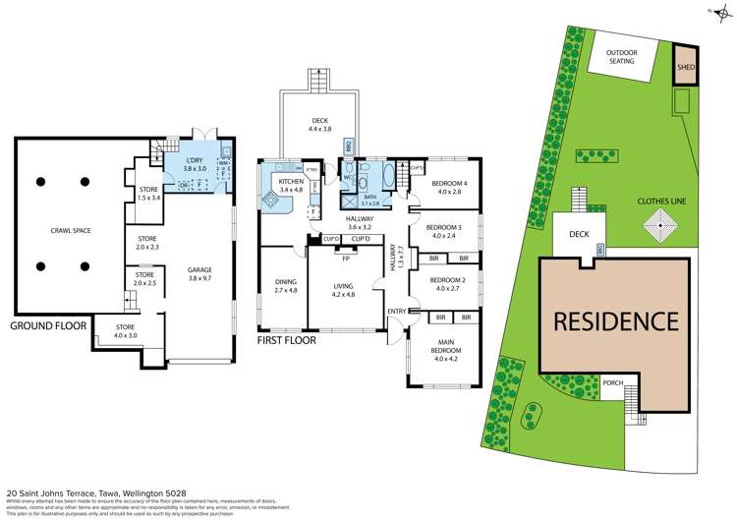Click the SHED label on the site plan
click(684, 69)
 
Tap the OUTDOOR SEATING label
click(622, 57)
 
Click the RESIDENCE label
click(615, 320)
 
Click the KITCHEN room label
click(291, 183)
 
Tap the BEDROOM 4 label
click(449, 187)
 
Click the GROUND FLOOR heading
click(47, 325)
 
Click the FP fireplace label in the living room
click(346, 259)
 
